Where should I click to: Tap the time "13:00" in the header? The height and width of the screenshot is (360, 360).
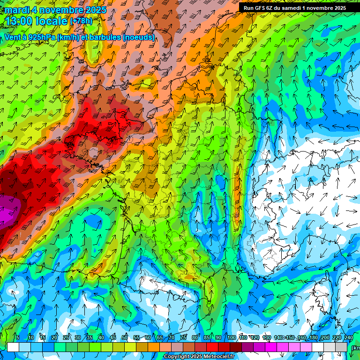coord(22,21)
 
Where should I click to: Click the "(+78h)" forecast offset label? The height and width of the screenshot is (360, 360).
coord(81,21)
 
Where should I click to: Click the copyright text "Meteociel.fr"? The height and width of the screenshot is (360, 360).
coord(217,357)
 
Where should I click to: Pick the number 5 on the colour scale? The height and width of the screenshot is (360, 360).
coord(18,338)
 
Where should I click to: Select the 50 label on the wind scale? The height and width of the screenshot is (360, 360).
coord(125,338)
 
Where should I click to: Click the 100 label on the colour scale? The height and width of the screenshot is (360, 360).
coord(231,338)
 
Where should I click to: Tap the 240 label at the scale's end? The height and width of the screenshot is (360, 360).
coord(348,338)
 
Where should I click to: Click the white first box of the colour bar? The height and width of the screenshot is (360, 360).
coord(13,347)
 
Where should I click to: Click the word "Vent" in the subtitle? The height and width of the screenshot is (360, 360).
coord(13,37)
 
